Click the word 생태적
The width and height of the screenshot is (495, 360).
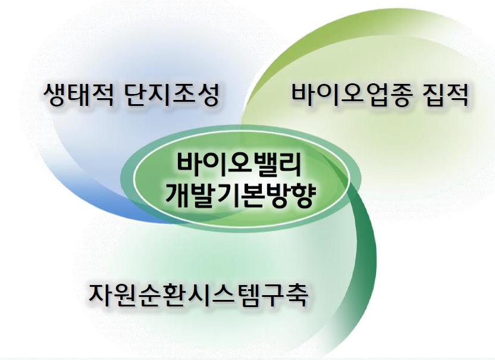(x=79, y=95)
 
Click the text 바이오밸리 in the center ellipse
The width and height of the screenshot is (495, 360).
(x=240, y=165)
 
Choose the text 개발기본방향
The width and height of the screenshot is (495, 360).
(x=240, y=196)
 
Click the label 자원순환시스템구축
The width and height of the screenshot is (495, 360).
(x=198, y=295)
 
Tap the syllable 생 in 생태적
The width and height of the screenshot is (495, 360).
(x=55, y=95)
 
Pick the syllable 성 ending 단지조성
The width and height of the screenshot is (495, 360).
(x=207, y=95)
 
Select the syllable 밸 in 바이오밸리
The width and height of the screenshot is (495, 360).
(x=265, y=165)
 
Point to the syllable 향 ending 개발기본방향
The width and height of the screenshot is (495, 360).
(x=303, y=196)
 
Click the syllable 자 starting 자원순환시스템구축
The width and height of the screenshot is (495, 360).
(x=101, y=295)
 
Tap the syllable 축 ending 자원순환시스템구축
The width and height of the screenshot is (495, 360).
(x=296, y=295)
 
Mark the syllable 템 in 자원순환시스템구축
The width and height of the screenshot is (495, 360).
(x=247, y=295)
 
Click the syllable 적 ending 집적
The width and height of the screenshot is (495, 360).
(x=457, y=95)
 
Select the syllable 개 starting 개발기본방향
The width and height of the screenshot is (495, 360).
(x=177, y=196)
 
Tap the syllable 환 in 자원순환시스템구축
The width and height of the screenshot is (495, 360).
(x=174, y=295)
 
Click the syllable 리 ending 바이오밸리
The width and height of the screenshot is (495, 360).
(x=290, y=165)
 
